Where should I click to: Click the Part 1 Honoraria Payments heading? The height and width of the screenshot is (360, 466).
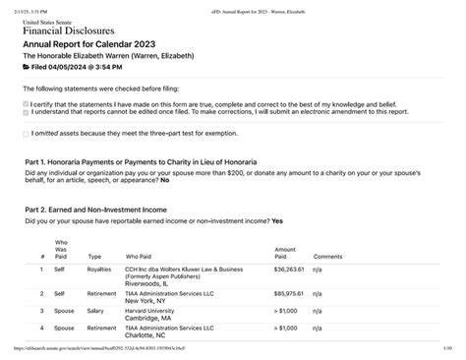142,160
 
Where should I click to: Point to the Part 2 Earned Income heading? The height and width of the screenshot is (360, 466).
116,208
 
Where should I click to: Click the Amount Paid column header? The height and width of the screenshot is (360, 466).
285,253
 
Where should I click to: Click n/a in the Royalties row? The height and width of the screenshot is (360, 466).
319,269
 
